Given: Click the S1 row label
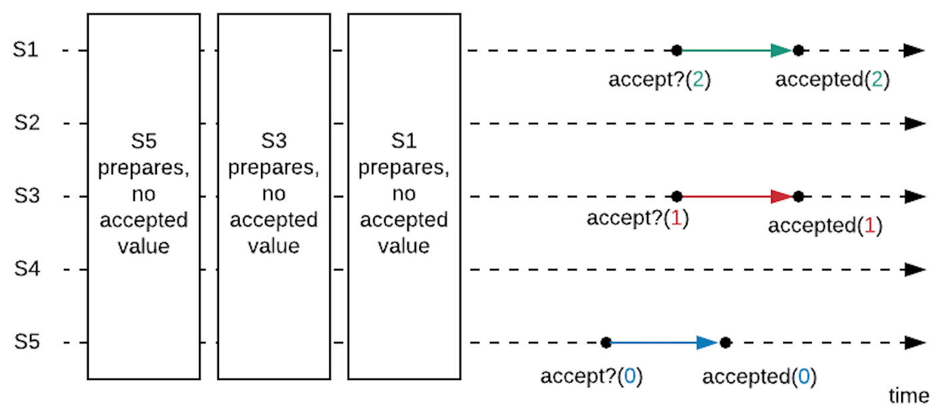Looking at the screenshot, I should (25, 50).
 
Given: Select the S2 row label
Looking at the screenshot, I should (27, 124).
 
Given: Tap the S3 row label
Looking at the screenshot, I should (27, 197).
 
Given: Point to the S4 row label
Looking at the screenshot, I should (27, 270).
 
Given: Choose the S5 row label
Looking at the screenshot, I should (27, 343).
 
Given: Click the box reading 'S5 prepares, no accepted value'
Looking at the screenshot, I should (144, 196).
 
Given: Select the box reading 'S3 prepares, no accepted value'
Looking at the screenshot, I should (274, 196).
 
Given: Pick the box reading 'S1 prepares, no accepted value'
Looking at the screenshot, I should (404, 196).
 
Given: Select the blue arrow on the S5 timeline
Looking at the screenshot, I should (664, 343).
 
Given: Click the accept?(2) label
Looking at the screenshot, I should (660, 80).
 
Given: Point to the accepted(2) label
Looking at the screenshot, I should (832, 80).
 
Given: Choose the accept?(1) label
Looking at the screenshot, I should (637, 218).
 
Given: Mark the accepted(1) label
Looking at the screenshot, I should (824, 226).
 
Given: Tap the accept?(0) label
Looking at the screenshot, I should (591, 377).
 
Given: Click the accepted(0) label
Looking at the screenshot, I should (759, 377).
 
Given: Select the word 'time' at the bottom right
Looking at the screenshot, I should (908, 396).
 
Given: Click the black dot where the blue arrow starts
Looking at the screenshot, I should (606, 343).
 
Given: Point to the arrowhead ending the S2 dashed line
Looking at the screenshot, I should (915, 124).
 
